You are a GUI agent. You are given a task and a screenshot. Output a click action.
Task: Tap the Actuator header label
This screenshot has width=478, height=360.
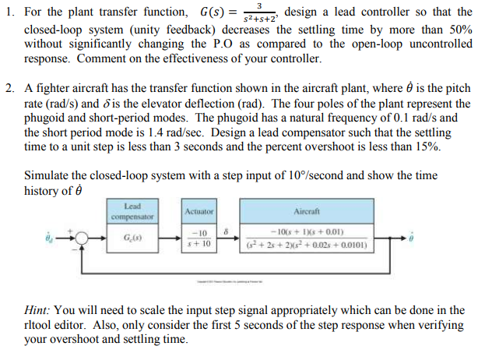pos(199,211)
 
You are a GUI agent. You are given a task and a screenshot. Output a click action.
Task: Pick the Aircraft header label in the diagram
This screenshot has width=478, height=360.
pos(302,211)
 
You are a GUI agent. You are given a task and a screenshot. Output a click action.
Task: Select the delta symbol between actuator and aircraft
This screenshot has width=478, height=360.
pos(226,230)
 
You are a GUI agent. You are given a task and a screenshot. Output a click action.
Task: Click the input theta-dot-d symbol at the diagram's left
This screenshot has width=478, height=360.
pos(51,240)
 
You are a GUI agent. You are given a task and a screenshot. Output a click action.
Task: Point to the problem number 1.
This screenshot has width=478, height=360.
pos(9,13)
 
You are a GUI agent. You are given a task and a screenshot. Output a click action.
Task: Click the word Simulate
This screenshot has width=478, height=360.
pos(47,175)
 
